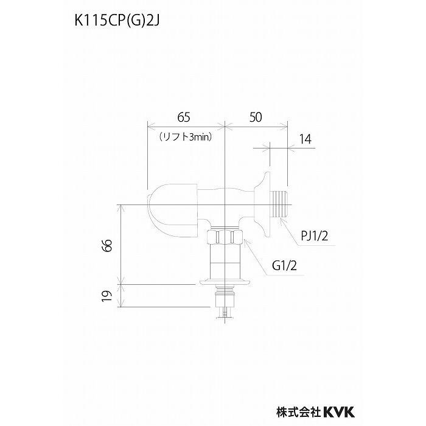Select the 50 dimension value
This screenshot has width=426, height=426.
coord(255,118)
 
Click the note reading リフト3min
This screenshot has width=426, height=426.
coord(185,138)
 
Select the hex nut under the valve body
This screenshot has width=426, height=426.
coord(226,237)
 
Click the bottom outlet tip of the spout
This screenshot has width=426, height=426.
coord(226,312)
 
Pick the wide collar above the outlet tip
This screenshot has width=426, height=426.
coord(226,282)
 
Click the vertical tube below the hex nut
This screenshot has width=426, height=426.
coord(226,260)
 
